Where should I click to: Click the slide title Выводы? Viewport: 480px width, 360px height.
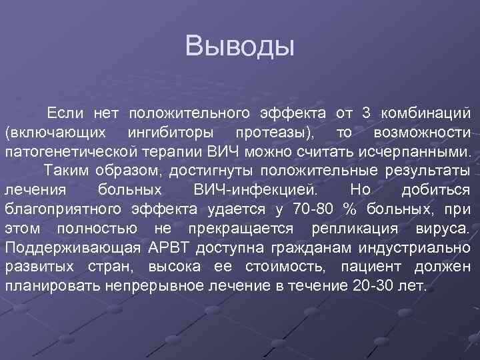pyautogui.click(x=240, y=47)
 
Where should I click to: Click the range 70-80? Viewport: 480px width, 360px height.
pyautogui.click(x=312, y=210)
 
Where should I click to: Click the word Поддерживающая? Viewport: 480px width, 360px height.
pyautogui.click(x=70, y=249)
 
